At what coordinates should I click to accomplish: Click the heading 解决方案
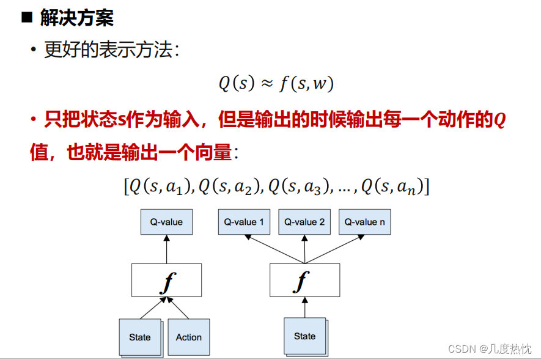coord(77,18)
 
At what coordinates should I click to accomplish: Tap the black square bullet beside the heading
coord(26,17)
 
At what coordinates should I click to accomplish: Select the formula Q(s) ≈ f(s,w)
coord(276,83)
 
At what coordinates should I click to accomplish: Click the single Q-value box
coord(166,222)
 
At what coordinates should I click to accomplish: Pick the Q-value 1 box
coord(244,222)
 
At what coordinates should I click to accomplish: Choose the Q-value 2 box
coord(304,222)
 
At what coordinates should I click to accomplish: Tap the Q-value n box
coord(364,222)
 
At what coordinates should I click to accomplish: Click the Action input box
coord(188,337)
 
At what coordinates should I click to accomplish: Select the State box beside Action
coord(140,337)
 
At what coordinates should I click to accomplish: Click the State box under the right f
coord(304,336)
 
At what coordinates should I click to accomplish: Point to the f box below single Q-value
coord(166,281)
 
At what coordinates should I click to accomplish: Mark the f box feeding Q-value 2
coord(304,281)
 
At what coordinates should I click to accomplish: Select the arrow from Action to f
coord(179,308)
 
